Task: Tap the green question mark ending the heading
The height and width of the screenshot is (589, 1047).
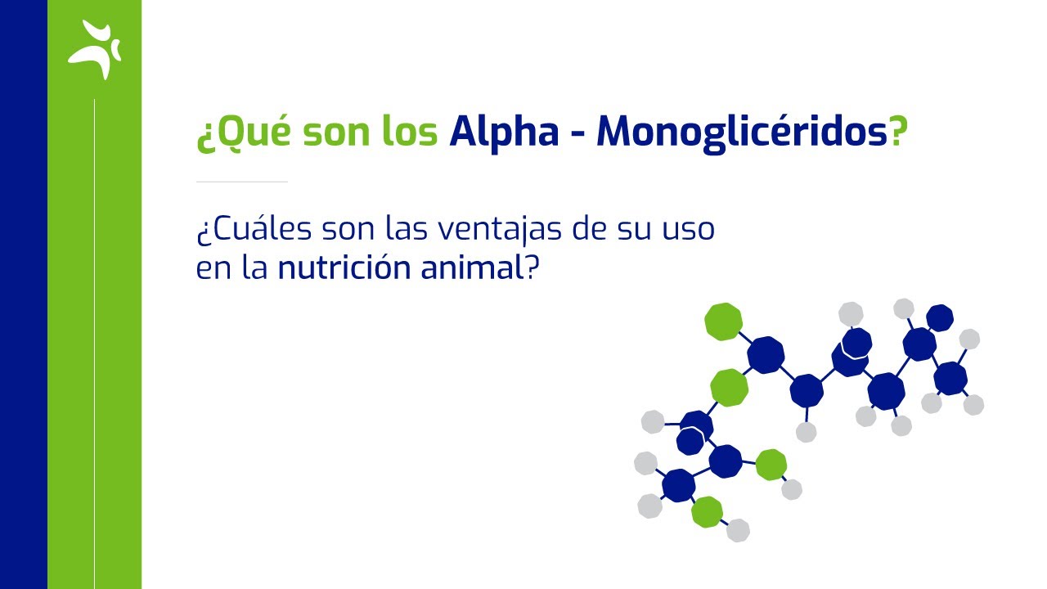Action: (x=899, y=132)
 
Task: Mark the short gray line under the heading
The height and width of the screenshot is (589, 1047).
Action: (x=242, y=181)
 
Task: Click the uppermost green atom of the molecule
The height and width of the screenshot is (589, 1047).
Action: (x=723, y=321)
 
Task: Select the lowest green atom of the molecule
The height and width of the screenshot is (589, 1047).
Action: (x=707, y=512)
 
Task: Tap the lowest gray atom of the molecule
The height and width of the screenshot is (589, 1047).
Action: (x=738, y=530)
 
